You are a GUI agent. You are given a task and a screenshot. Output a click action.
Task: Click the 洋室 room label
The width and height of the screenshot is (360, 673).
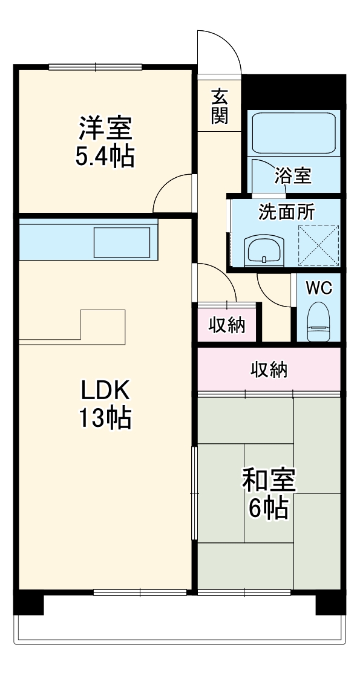point(105,129)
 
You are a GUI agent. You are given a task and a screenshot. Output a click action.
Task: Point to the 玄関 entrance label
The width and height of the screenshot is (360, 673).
point(219,106)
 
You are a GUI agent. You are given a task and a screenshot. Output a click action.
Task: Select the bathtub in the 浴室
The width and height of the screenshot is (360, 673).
point(293,133)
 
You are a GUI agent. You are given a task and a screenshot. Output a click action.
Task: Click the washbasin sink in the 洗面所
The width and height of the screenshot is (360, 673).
point(264,249)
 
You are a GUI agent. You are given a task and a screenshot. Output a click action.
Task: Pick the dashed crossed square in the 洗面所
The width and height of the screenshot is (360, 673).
point(319,245)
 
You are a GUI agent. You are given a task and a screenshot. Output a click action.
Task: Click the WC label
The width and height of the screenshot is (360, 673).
point(318,288)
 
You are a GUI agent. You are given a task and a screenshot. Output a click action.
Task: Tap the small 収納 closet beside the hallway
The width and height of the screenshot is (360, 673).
point(227,325)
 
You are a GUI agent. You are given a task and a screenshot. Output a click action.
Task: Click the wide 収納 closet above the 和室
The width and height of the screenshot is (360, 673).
point(269,369)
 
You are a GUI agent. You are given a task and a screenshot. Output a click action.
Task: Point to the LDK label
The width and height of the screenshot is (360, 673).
point(105,392)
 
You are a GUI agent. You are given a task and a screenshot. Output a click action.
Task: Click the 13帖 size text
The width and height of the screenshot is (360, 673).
point(105,418)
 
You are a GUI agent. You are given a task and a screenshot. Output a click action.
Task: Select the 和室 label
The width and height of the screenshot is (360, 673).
point(269,481)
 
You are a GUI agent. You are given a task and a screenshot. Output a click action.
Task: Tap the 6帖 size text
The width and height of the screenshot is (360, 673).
point(269,509)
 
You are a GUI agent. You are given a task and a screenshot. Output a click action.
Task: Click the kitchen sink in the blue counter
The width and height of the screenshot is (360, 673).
point(121,242)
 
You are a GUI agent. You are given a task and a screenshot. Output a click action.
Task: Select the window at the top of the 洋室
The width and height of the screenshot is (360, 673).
point(95,67)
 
